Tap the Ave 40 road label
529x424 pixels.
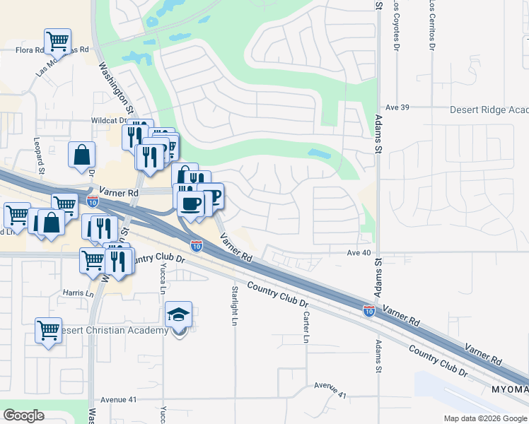[x=359, y=252]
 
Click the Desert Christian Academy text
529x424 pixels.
[x=114, y=330]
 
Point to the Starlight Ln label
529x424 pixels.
[x=234, y=305]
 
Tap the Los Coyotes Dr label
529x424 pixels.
[x=396, y=25]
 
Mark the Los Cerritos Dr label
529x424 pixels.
[x=431, y=25]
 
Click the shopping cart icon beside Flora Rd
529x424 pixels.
[x=57, y=40]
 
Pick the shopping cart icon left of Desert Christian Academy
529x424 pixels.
[x=48, y=329]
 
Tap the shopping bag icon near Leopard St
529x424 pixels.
[x=82, y=155]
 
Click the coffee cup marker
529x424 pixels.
[x=189, y=204]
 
